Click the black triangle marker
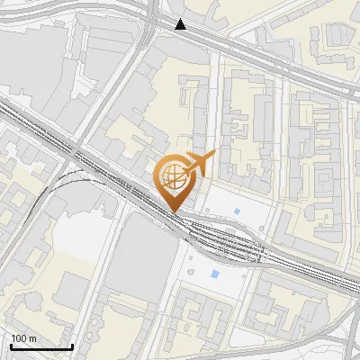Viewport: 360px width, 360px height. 181,24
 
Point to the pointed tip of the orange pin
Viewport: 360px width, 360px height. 175,211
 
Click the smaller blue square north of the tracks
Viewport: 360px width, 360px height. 238,211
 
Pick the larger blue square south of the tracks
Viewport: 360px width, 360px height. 214,274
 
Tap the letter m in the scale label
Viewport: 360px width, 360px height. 32,338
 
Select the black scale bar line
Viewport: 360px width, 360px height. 41,346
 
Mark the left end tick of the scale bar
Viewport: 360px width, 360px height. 11,345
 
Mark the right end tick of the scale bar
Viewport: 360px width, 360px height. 72,345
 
